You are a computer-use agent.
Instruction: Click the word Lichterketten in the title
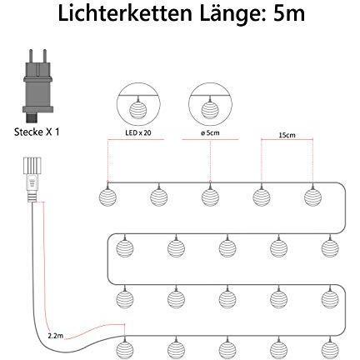pyautogui.click(x=125, y=14)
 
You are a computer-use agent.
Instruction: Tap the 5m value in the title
pyautogui.click(x=289, y=14)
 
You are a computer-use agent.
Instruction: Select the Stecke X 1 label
pyautogui.click(x=37, y=132)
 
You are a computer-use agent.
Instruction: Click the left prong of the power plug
pyautogui.click(x=31, y=57)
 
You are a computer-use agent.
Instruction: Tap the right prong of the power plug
pyautogui.click(x=44, y=57)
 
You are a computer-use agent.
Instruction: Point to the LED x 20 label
pyautogui.click(x=137, y=133)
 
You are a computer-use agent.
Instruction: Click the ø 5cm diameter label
pyautogui.click(x=210, y=133)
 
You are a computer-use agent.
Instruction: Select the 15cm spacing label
pyautogui.click(x=287, y=135)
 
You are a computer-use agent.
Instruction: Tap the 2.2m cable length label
pyautogui.click(x=56, y=336)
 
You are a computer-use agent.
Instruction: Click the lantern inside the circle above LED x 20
pyautogui.click(x=138, y=110)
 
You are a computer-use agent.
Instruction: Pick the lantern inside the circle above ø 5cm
pyautogui.click(x=210, y=110)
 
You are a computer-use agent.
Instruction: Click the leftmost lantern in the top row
pyautogui.click(x=107, y=197)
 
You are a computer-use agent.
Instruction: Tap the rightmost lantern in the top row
pyautogui.click(x=312, y=197)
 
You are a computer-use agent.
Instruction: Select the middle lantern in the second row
pyautogui.click(x=227, y=248)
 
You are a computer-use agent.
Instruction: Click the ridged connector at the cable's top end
pyautogui.click(x=32, y=165)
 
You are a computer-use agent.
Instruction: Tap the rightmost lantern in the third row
pyautogui.click(x=330, y=299)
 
